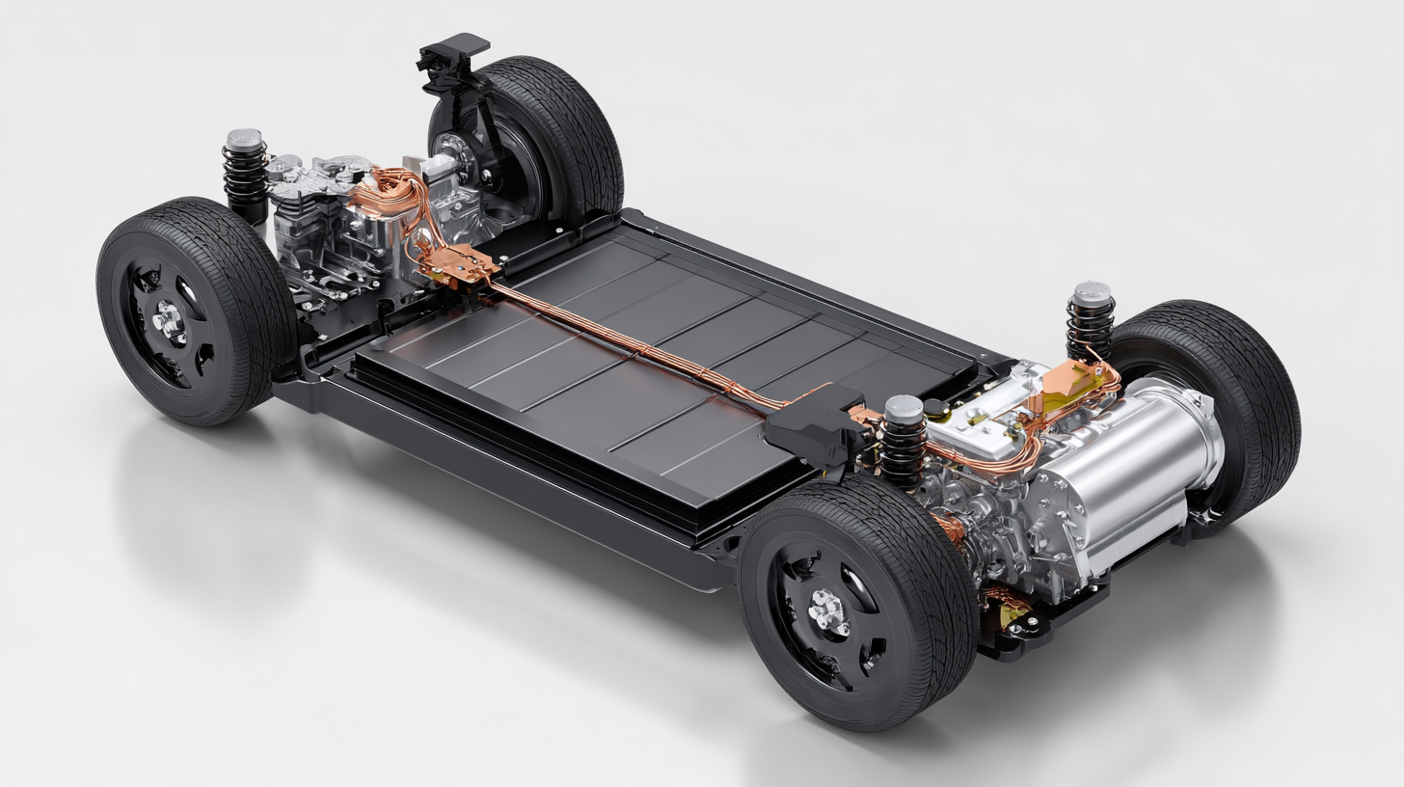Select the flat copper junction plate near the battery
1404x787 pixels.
click(463, 262)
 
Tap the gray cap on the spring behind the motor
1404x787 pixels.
click(1093, 292)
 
